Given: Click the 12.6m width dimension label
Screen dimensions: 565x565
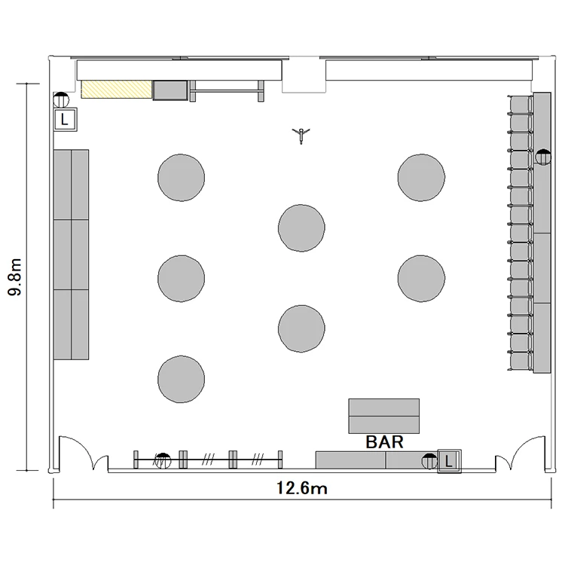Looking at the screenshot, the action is click(x=302, y=488).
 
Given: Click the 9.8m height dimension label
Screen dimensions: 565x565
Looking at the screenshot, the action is click(x=15, y=276).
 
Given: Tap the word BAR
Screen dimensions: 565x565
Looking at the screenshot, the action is click(x=384, y=441).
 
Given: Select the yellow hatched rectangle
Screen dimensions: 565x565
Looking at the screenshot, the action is click(x=116, y=90).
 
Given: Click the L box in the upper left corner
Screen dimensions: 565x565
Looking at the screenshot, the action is click(x=65, y=119).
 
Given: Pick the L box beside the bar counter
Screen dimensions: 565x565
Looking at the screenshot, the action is click(x=449, y=461).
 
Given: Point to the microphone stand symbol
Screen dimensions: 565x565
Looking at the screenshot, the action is click(x=301, y=135).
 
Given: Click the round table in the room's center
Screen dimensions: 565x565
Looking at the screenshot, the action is click(x=301, y=228).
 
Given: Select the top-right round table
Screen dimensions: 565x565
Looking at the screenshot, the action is click(x=421, y=177).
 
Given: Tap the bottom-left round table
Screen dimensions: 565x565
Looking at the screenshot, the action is click(x=182, y=379).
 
